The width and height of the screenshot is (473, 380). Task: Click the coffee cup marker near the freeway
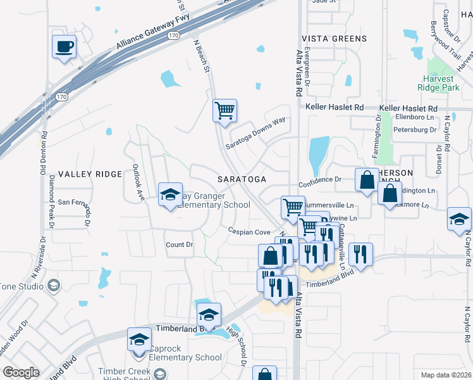[x=64, y=47]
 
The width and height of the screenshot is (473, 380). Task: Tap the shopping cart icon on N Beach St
[x=224, y=111]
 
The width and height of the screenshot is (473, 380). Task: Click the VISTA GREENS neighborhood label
[x=334, y=39]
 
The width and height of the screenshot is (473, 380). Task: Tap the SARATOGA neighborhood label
[x=242, y=179]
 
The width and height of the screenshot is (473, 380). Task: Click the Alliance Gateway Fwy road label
[x=153, y=33]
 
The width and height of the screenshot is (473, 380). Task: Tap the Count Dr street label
[x=179, y=244]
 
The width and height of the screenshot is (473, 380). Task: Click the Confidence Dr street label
[x=320, y=179]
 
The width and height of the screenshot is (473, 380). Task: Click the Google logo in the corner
[x=21, y=372]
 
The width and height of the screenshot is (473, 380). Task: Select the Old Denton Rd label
[x=44, y=152]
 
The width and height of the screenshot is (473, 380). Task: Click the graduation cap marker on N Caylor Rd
[x=459, y=219]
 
